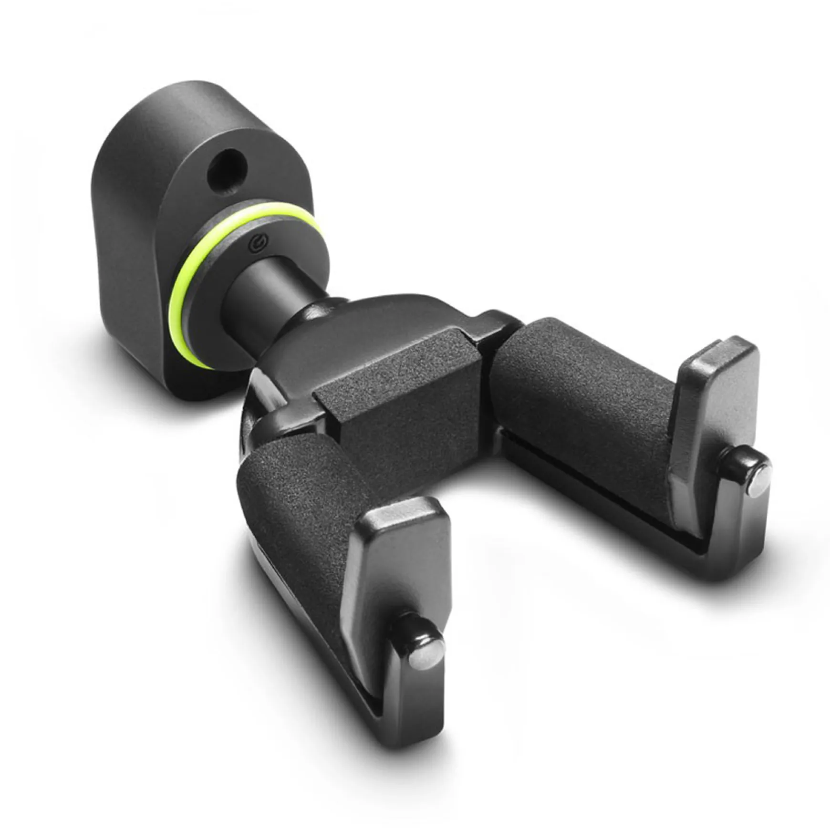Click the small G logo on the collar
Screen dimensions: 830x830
click(258, 244)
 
